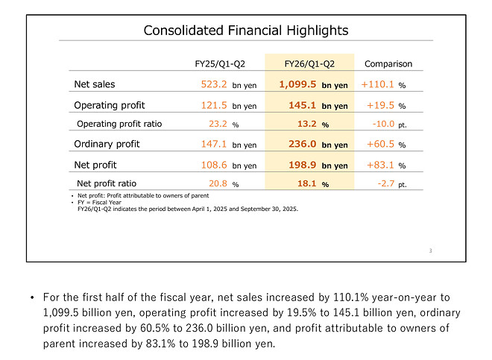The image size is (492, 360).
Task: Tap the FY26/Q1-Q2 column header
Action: [x=309, y=64]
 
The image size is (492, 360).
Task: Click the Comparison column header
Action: [x=388, y=64]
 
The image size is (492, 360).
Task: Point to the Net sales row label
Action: [x=95, y=84]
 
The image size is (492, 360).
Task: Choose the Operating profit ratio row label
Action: [x=119, y=124]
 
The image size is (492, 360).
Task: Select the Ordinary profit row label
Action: [x=107, y=144]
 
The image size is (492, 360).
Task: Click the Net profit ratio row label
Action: [x=107, y=183]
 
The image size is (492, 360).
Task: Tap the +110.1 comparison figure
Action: [x=378, y=85]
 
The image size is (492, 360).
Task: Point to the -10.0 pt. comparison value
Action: [x=386, y=124]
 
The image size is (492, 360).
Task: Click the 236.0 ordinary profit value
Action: [x=302, y=145]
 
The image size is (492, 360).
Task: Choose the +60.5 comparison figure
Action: [x=380, y=145]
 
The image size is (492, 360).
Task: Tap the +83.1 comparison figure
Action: [x=380, y=164]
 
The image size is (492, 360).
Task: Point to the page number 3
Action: [x=430, y=250]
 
